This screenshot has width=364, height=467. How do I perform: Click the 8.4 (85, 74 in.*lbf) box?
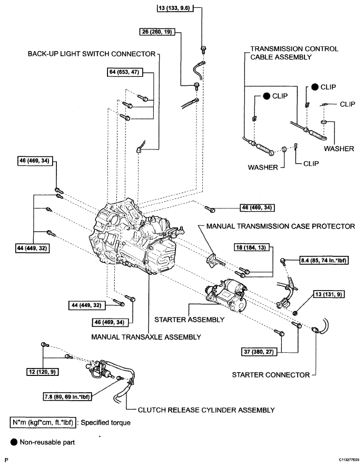[x=324, y=260]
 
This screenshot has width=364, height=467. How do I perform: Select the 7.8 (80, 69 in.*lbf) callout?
[x=67, y=396]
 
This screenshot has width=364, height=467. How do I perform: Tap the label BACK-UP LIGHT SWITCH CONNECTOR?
[x=92, y=54]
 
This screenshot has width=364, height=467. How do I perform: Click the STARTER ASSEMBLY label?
[x=189, y=320]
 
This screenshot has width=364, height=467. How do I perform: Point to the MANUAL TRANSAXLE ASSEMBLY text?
[x=146, y=337]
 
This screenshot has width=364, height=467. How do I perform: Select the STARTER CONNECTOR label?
[x=271, y=375]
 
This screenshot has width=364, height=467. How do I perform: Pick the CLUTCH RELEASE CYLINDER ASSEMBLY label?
[x=206, y=410]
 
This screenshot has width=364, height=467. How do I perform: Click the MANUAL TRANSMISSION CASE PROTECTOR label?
[x=281, y=226]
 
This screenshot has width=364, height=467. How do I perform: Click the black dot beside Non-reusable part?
[x=14, y=442]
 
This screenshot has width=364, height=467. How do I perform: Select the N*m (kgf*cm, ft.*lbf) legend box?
[x=43, y=422]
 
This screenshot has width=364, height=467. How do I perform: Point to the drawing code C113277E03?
[x=349, y=460]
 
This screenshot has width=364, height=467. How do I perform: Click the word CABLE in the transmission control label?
[x=261, y=57]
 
